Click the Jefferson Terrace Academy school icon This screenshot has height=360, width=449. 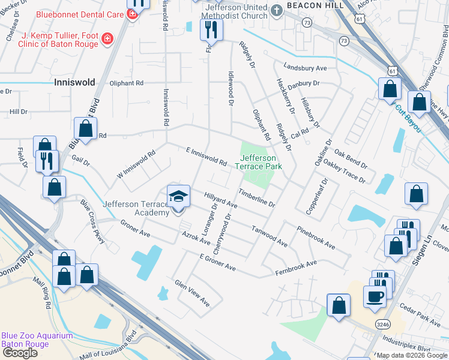coord(178,197)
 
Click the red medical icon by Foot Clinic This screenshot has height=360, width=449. coord(107,38)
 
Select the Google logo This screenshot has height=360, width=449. coord(20,353)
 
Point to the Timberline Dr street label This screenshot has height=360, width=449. coord(256,197)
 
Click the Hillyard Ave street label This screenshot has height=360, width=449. coord(221,200)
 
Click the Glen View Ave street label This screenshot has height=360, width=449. coord(191,293)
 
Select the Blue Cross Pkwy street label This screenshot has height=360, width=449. coord(93,221)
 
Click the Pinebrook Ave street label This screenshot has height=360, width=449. coord(316,238)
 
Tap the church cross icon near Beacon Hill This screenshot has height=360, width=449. coord(277,10)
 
